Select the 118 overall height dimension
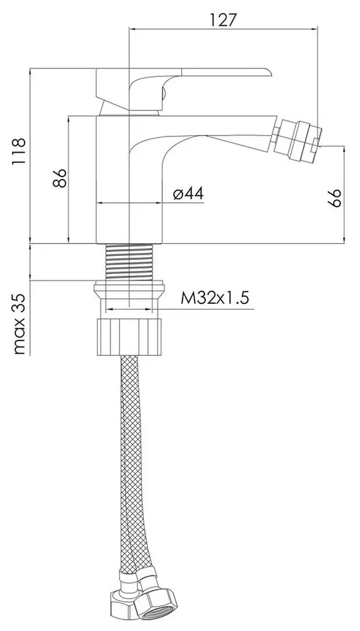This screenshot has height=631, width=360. [19, 151]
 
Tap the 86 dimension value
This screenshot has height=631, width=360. [60, 178]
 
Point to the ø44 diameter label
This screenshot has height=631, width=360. [188, 193]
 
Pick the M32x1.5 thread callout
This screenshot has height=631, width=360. [215, 298]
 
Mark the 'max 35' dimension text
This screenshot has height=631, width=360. [19, 324]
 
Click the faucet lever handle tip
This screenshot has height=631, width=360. [268, 72]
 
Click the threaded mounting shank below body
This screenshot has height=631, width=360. [129, 262]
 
